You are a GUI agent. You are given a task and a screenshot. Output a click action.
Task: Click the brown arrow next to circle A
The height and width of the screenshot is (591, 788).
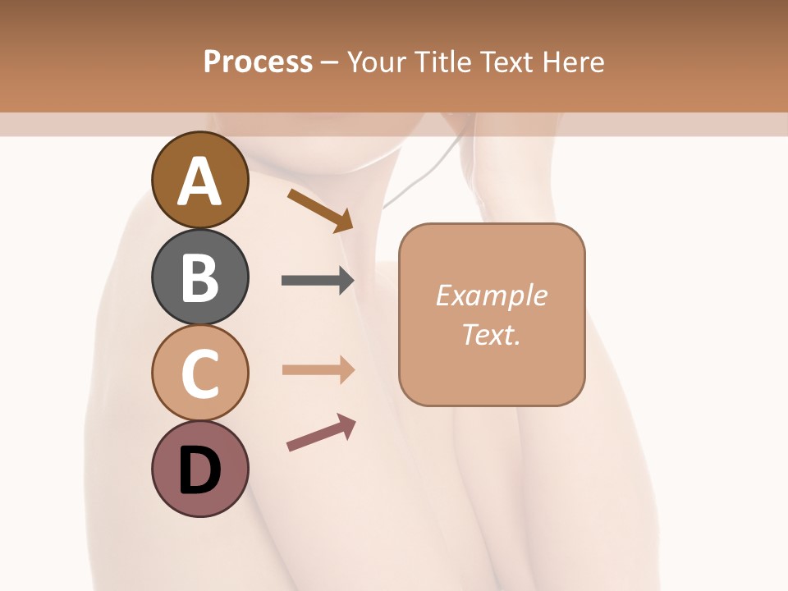(x=320, y=210)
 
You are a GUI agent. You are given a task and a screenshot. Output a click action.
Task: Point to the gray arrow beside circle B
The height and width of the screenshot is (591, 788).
(x=318, y=281)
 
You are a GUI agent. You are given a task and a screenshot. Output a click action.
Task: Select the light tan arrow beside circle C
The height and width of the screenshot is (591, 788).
(x=318, y=369)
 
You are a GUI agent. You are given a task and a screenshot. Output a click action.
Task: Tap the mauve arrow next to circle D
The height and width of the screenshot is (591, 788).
(x=321, y=433)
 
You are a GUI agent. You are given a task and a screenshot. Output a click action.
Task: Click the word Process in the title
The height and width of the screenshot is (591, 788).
(x=258, y=62)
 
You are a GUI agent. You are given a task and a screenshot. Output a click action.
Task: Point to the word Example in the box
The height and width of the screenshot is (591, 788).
(x=491, y=295)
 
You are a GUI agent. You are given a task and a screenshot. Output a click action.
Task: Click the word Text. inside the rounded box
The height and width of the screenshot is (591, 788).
(x=491, y=335)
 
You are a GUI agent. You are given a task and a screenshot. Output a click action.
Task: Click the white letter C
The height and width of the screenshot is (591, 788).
(x=200, y=374)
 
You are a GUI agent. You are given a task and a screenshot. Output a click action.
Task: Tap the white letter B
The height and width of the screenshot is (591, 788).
(x=200, y=278)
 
